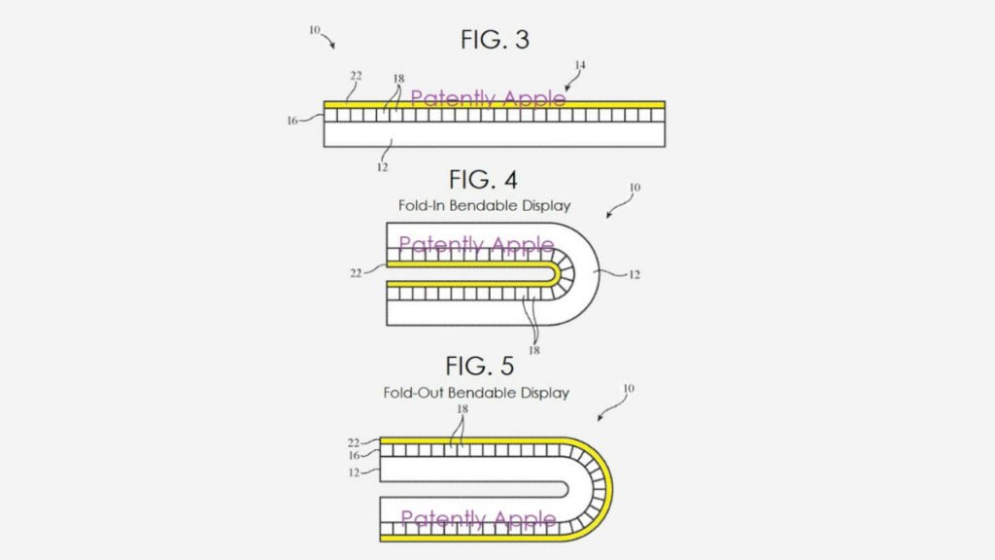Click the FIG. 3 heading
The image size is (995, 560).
coord(495,39)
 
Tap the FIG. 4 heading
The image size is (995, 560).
coord(483,180)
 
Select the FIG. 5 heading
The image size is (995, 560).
coord(480,366)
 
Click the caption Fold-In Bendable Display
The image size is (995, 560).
coord(484,206)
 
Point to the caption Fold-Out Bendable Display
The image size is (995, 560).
coord(476,393)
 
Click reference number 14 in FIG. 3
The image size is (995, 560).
coord(580,65)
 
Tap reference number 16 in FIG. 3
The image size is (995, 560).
coord(292,121)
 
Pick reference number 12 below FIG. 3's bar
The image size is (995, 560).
coord(382,167)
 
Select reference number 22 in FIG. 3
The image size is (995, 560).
coord(356,76)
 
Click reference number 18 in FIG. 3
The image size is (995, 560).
coord(398,79)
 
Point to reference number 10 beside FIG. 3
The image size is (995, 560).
coord(315,30)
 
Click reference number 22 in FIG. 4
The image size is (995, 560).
coord(356,273)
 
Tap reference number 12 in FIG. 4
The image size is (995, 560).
coord(634,275)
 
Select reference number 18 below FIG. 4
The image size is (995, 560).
coord(534,350)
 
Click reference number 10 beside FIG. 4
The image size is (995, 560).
coord(635,188)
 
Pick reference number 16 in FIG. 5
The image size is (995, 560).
coord(354,456)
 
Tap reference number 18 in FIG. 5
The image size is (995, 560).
coord(463,409)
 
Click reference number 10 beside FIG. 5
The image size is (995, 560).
coord(629,388)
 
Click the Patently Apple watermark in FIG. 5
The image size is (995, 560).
coord(478,519)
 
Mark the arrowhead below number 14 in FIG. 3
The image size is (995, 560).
coord(566,88)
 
